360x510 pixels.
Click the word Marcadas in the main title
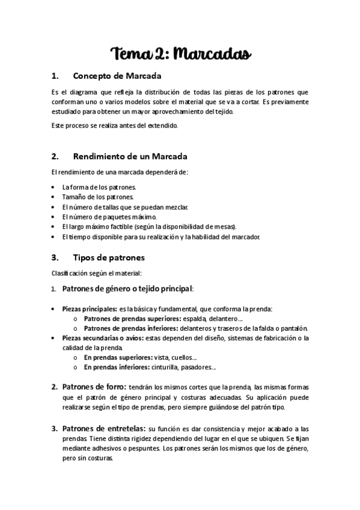point(212,55)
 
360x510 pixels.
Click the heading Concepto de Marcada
point(117,76)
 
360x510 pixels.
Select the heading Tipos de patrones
point(108,257)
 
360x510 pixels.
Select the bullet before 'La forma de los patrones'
point(55,187)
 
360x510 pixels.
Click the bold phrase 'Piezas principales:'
point(90,309)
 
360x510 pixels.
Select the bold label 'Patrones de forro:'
point(94,386)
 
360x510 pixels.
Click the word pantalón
point(292,328)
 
